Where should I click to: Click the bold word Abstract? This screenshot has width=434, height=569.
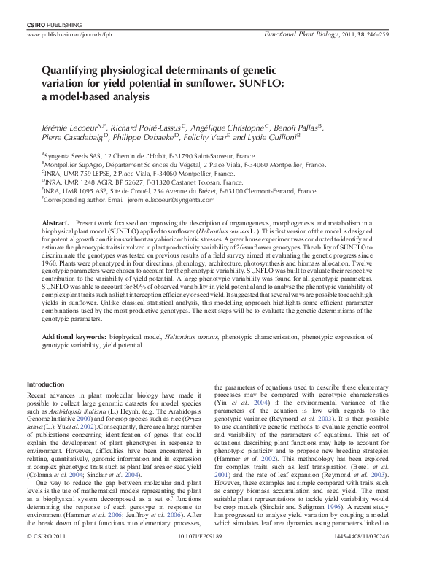tap(55, 222)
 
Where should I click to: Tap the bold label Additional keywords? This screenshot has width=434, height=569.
tap(74, 337)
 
